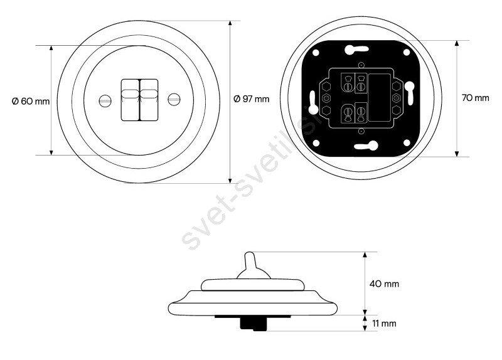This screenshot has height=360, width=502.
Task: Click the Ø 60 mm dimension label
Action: [x=31, y=102]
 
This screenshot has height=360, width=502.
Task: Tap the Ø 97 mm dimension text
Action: [x=252, y=99]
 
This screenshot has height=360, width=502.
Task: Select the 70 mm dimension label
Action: [x=476, y=98]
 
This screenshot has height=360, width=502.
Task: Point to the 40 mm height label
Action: [x=384, y=284]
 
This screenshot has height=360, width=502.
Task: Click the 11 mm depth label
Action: [x=384, y=324]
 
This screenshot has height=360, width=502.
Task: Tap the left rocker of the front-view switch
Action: [x=130, y=100]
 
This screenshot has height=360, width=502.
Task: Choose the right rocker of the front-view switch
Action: [x=149, y=100]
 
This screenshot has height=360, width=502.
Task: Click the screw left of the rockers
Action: [x=105, y=100]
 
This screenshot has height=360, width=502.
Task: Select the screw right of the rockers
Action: [x=174, y=100]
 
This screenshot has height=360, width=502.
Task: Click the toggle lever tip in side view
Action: [x=249, y=255]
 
